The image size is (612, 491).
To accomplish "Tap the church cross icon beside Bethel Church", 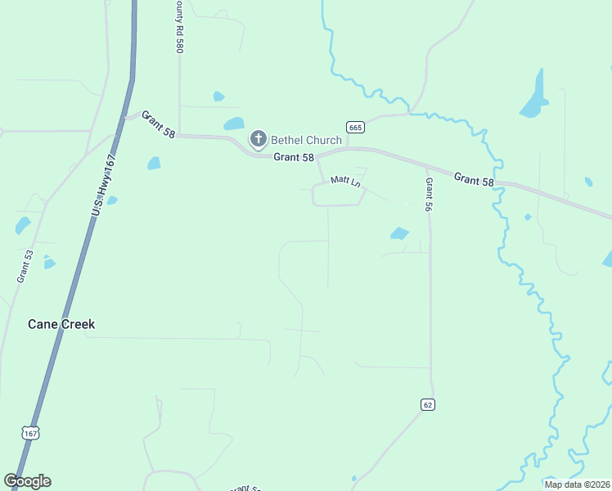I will pos(259,139).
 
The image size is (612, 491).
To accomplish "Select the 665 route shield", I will pos(354,127).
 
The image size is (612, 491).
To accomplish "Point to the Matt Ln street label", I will pos(345,181).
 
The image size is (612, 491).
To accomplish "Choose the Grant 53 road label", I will pos(24,267).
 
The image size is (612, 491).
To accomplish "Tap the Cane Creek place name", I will pos(61,324).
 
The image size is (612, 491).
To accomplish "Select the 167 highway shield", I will pos(30,431).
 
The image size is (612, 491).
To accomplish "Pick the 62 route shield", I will pos(428,404).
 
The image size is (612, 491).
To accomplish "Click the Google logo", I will pos(27,481).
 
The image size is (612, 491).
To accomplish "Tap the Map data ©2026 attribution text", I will pos(577,484).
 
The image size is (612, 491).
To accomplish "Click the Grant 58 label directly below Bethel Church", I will pos(294,156).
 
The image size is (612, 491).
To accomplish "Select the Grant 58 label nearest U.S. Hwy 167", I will pos(158,124).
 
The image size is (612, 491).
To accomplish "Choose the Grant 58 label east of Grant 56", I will pos(474,178).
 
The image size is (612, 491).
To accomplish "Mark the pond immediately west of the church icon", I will pos(234,124).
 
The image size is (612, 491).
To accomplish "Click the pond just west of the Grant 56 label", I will pos(399,233).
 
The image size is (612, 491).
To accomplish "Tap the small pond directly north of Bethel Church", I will pos(218,97).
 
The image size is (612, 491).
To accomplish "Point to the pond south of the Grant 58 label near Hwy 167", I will pos(154,164).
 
